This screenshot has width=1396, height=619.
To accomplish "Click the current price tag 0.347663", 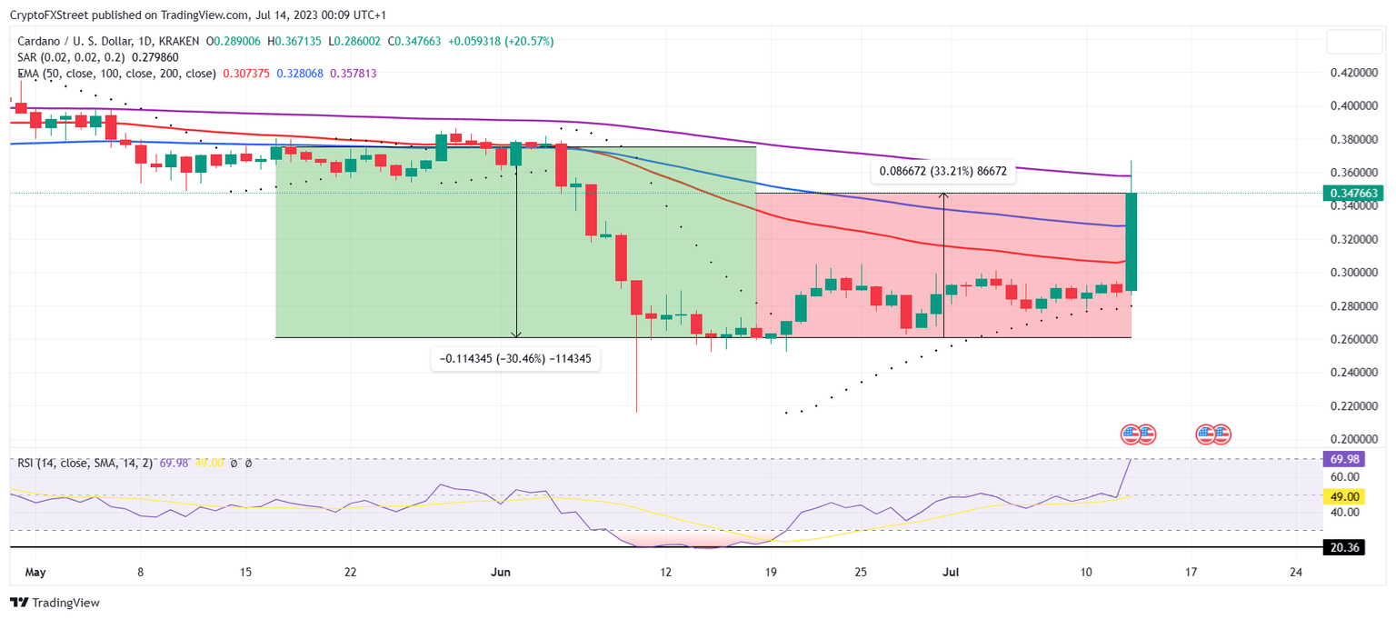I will [1356, 194].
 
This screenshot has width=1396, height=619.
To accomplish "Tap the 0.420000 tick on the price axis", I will [1355, 73].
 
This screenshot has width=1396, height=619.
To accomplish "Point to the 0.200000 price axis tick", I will [1355, 439].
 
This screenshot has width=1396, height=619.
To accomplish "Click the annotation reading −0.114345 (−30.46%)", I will [514, 359].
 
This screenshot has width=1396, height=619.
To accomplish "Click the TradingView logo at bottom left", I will [55, 603].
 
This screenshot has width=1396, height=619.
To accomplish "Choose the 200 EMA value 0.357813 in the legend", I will [357, 74].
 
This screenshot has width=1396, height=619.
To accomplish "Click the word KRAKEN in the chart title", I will [176, 41].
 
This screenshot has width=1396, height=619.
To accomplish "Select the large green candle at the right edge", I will [1132, 242].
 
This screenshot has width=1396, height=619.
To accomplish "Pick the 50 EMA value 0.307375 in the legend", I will [244, 74].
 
